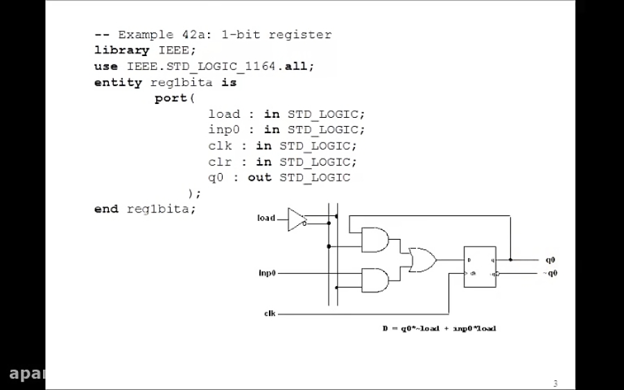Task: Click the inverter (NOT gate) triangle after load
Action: click(x=297, y=219)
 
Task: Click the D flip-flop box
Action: click(x=480, y=267)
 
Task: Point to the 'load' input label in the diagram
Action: click(x=266, y=218)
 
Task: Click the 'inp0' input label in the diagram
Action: click(x=267, y=273)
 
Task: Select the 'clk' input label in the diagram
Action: click(x=270, y=314)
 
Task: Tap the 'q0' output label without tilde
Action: click(x=550, y=260)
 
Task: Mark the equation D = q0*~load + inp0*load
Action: click(x=439, y=328)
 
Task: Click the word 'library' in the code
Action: click(x=121, y=51)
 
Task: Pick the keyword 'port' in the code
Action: click(x=171, y=98)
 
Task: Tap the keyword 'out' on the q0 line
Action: click(x=259, y=177)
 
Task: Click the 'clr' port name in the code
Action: click(x=220, y=161)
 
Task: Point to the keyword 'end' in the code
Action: click(x=106, y=209)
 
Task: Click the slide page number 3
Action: click(x=555, y=383)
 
